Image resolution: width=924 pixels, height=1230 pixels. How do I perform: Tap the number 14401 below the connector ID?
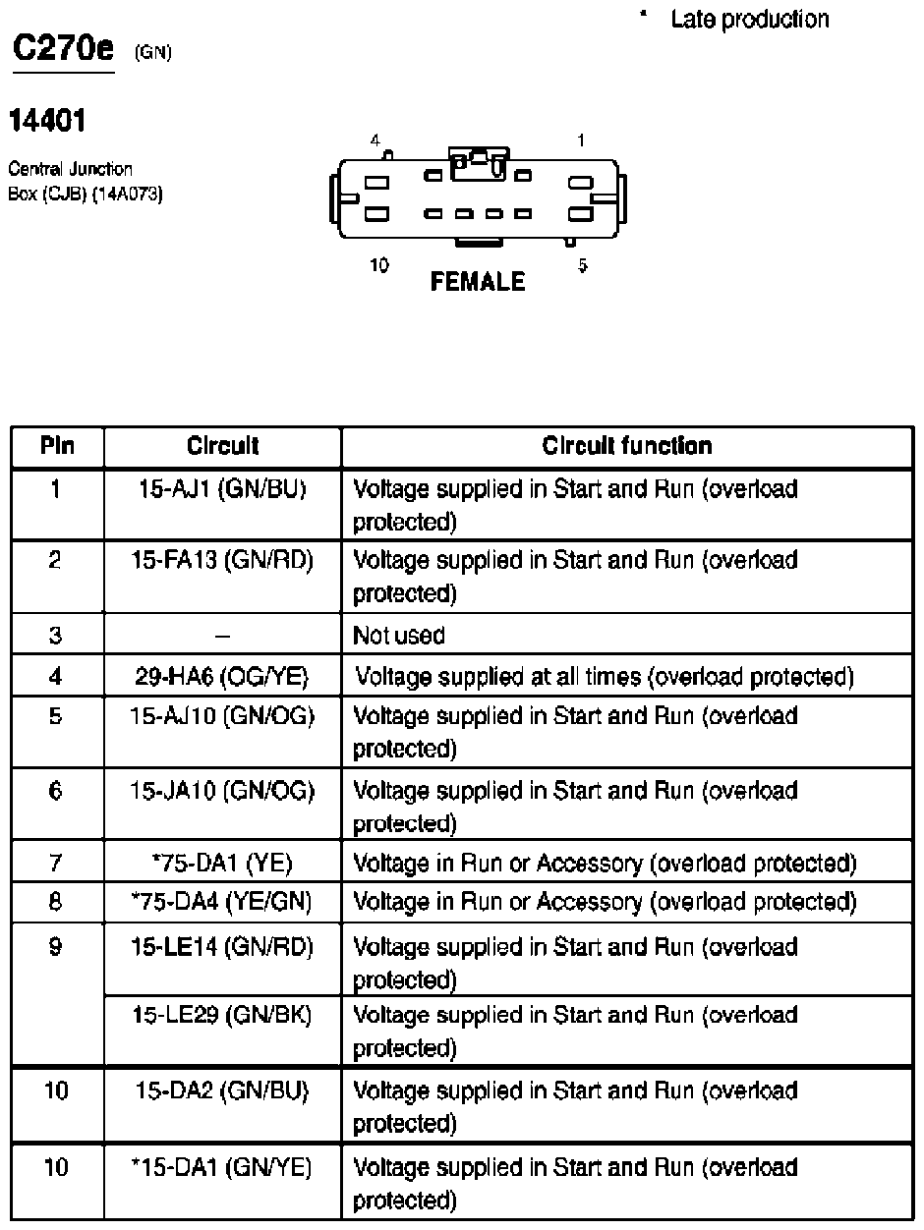click(x=47, y=122)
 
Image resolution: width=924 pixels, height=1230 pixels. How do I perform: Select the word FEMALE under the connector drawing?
click(x=478, y=282)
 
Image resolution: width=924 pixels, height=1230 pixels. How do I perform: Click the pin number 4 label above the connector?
click(x=375, y=140)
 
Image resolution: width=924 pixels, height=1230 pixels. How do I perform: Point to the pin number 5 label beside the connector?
click(x=583, y=265)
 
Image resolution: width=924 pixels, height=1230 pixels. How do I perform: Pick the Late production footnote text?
click(x=749, y=19)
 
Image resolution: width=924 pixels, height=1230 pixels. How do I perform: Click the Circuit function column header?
click(x=627, y=446)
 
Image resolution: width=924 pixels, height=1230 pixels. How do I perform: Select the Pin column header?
click(x=57, y=446)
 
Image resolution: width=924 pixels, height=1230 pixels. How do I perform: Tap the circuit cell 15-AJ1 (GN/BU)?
click(x=222, y=488)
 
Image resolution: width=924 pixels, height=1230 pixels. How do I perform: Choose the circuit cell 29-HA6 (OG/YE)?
click(x=222, y=676)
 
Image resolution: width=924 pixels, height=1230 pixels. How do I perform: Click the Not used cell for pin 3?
click(x=399, y=636)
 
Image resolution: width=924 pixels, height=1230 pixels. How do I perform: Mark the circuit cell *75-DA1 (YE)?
click(x=222, y=864)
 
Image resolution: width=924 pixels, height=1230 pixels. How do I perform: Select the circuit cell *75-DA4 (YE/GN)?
click(x=222, y=901)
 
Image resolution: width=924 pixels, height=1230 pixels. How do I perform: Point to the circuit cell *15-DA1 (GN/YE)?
click(x=222, y=1167)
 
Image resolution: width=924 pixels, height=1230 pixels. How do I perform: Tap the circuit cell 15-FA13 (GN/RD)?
click(x=222, y=560)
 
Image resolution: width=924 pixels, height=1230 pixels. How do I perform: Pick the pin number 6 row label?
click(x=56, y=791)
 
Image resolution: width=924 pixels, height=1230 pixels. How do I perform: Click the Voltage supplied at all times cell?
click(x=604, y=676)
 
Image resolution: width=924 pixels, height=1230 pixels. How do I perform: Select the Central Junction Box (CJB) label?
click(x=85, y=181)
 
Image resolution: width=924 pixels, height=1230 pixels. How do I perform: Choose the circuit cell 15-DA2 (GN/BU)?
click(x=222, y=1090)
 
